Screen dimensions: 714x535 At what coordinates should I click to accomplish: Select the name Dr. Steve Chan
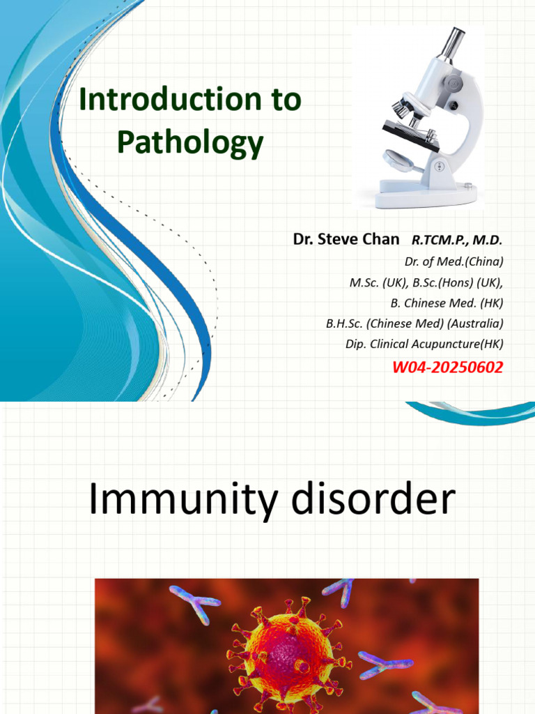tap(346, 239)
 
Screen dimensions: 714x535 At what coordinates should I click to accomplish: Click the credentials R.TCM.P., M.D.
tap(456, 240)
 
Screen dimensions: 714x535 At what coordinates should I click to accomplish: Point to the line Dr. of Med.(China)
tap(453, 261)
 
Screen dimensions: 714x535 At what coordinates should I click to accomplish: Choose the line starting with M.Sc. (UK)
tap(426, 282)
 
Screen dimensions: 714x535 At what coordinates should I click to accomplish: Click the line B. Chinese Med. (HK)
tap(446, 303)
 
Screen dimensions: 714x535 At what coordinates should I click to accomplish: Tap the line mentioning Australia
tap(414, 324)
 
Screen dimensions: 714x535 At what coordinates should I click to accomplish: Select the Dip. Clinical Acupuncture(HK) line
tap(424, 344)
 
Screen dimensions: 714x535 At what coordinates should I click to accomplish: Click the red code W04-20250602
tap(447, 367)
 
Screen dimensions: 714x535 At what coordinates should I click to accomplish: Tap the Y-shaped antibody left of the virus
tap(194, 601)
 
